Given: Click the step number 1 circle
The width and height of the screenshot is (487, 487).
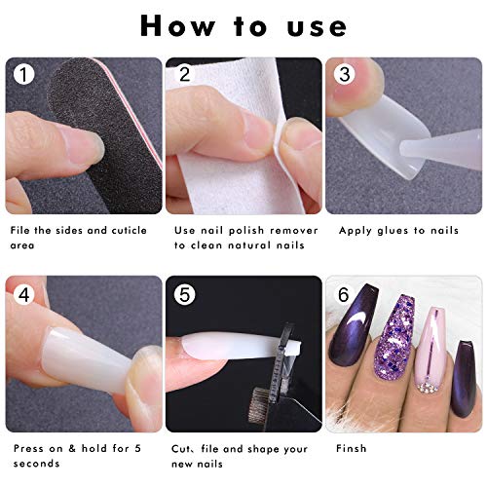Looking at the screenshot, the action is click(23, 74).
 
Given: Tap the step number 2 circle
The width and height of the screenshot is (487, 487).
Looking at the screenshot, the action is click(184, 74).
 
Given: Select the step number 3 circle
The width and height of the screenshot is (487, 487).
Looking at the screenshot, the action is click(345, 74).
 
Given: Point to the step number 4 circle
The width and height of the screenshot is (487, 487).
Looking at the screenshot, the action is click(23, 295).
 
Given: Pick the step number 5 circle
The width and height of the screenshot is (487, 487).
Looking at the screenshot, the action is click(184, 295).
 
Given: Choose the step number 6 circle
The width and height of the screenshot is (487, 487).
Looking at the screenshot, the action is click(344, 295).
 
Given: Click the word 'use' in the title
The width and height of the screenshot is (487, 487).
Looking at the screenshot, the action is click(317, 27).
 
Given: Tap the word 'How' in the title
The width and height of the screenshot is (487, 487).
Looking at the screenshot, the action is click(177, 25).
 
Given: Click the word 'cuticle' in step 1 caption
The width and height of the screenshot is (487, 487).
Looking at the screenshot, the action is click(129, 230).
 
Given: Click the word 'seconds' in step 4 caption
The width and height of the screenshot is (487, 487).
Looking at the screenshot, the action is click(36, 464).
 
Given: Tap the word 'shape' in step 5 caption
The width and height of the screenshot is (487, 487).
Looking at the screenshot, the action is click(268, 449).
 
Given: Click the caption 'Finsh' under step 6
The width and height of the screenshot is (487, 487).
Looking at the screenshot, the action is click(352, 448).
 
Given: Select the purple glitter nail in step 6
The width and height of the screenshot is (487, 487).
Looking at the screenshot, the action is click(394, 337).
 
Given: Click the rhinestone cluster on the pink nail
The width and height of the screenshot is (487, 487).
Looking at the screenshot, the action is click(427, 387).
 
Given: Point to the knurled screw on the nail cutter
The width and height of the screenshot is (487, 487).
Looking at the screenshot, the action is click(260, 405).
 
